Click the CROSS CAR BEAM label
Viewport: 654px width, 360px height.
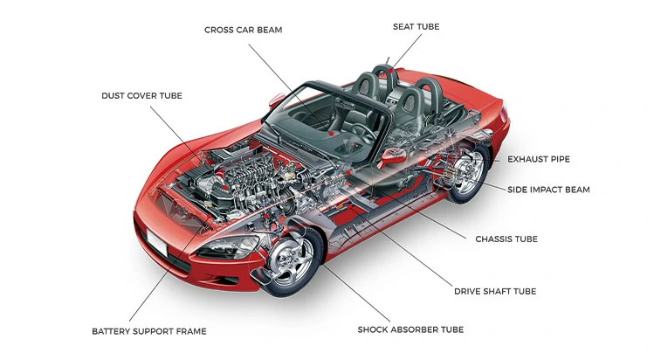244,31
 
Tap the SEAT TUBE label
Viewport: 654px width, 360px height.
416,27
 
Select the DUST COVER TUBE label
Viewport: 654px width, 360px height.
142,95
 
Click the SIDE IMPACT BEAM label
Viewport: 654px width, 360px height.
548,190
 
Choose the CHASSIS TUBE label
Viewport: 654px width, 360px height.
506,239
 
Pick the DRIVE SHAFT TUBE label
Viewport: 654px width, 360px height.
494,291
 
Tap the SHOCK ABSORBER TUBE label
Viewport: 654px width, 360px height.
410,329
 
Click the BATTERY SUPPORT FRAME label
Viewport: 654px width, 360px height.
148,331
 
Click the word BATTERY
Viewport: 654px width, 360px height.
112,331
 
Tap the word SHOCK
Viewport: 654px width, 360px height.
375,329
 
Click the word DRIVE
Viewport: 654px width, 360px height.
469,291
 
